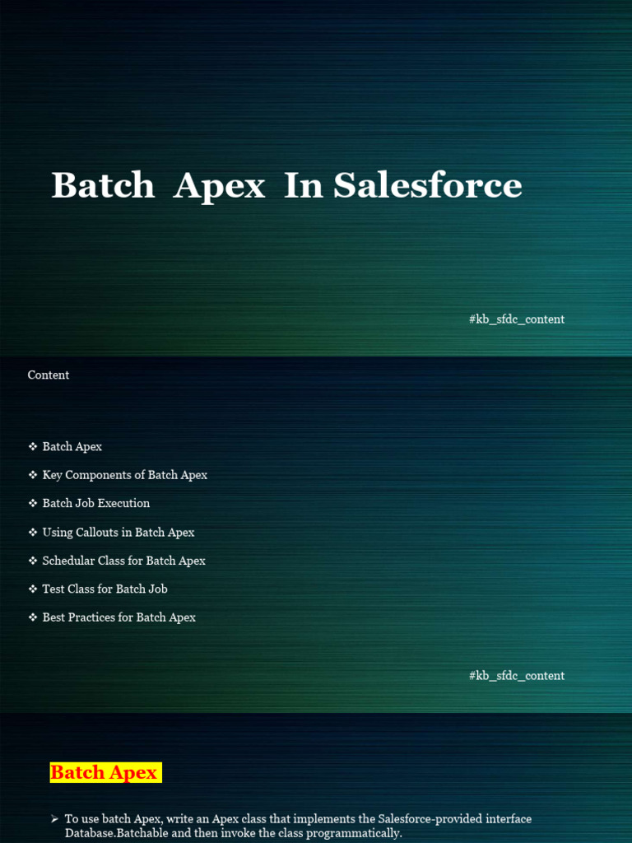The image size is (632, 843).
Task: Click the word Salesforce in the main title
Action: pyautogui.click(x=427, y=185)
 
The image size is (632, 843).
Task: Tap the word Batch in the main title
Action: pyautogui.click(x=103, y=185)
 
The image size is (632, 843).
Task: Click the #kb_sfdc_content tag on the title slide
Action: pyautogui.click(x=517, y=319)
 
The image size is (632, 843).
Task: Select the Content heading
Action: pyautogui.click(x=49, y=375)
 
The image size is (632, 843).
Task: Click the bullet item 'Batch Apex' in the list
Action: pyautogui.click(x=72, y=447)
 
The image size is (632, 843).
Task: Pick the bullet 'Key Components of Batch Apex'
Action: pyautogui.click(x=125, y=475)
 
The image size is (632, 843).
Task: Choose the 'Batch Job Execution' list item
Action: pyautogui.click(x=96, y=503)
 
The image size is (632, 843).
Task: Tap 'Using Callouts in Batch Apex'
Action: pyautogui.click(x=118, y=533)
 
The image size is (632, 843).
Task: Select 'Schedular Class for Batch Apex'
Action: pyautogui.click(x=124, y=561)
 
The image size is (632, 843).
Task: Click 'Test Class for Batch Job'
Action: pyautogui.click(x=105, y=589)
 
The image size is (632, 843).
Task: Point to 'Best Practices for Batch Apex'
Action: pyautogui.click(x=119, y=617)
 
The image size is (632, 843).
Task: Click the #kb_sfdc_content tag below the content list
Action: pyautogui.click(x=517, y=676)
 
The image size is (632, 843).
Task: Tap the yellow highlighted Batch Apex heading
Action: pyautogui.click(x=105, y=772)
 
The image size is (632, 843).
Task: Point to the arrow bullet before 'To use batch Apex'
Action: pyautogui.click(x=54, y=819)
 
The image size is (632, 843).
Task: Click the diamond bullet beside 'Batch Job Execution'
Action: pyautogui.click(x=33, y=503)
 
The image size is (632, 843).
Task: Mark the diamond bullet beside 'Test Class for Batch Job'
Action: pyautogui.click(x=33, y=589)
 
